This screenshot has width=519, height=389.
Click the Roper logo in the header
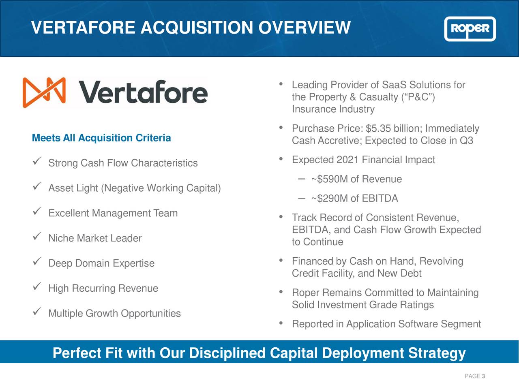(x=470, y=29)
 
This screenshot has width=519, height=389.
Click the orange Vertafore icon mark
(x=44, y=92)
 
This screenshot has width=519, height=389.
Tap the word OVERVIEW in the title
(x=304, y=28)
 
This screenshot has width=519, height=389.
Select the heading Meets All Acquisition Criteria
(x=101, y=138)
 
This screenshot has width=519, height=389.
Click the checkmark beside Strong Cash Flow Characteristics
(x=36, y=162)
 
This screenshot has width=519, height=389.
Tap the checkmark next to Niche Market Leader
(x=36, y=237)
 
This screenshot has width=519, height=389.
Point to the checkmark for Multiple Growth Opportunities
(x=36, y=312)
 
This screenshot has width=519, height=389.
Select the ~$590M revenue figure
(x=330, y=179)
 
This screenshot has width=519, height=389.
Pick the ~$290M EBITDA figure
(x=330, y=199)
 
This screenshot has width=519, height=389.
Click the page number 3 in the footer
(x=483, y=376)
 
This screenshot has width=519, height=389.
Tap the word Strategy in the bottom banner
(x=437, y=353)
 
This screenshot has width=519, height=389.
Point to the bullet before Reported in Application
(x=281, y=323)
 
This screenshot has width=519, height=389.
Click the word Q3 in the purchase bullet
(x=466, y=141)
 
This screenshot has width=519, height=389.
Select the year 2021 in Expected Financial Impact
(x=347, y=160)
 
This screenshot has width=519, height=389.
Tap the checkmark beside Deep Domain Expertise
(x=36, y=262)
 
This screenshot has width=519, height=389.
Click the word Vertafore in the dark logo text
(x=143, y=92)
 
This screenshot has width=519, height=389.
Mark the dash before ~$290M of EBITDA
(x=301, y=198)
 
